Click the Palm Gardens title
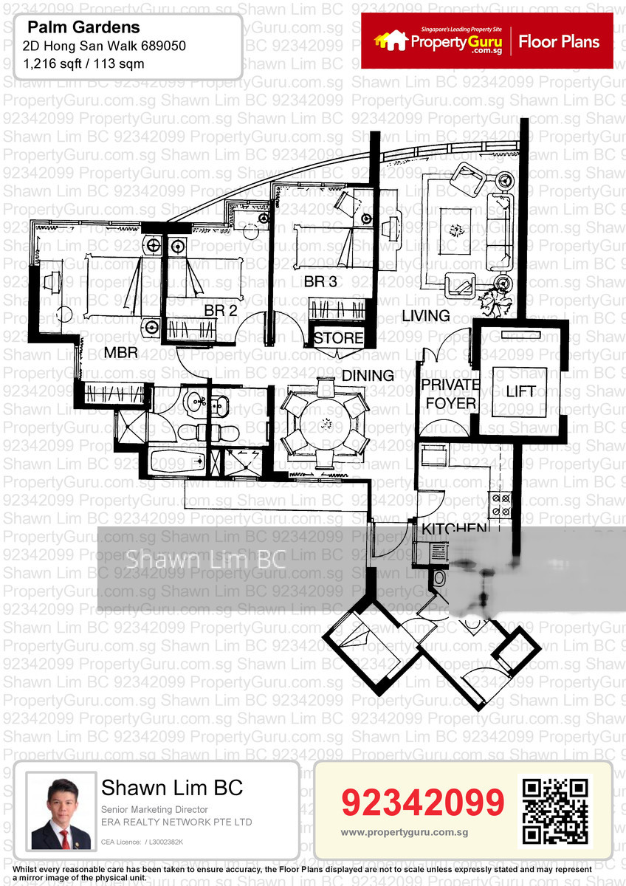[x=83, y=28]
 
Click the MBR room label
[x=120, y=353]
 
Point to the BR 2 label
[x=220, y=311]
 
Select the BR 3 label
[x=320, y=281]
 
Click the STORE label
[x=339, y=339]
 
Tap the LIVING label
[x=426, y=316]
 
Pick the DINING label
[x=368, y=375]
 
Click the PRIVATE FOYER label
[x=450, y=394]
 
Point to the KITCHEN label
[x=454, y=529]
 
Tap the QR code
[x=555, y=811]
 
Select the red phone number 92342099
[x=423, y=803]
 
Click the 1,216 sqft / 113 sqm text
[x=80, y=63]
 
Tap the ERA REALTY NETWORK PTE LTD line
[x=176, y=822]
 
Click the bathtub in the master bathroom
[x=177, y=461]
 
